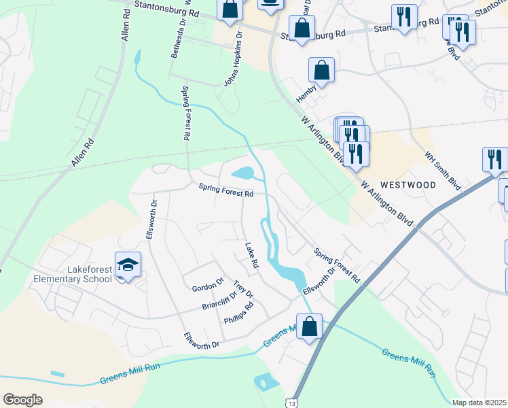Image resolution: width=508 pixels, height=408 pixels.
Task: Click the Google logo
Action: coord(22,400)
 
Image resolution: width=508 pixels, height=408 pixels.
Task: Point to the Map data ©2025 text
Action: coord(479,403)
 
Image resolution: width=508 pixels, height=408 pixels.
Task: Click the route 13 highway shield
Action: coord(292,403)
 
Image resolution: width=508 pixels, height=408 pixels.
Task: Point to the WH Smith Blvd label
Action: coord(443,170)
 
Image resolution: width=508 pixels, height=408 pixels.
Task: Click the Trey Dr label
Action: coord(242,289)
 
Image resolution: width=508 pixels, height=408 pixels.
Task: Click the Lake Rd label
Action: coord(251,254)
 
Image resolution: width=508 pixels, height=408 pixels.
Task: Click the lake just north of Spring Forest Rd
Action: coord(244,173)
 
